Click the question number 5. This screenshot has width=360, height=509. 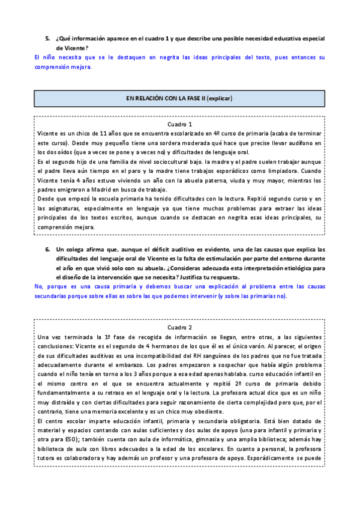tap(47, 38)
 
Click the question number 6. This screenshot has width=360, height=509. tap(47, 249)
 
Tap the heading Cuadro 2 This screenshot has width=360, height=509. tap(179, 328)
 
